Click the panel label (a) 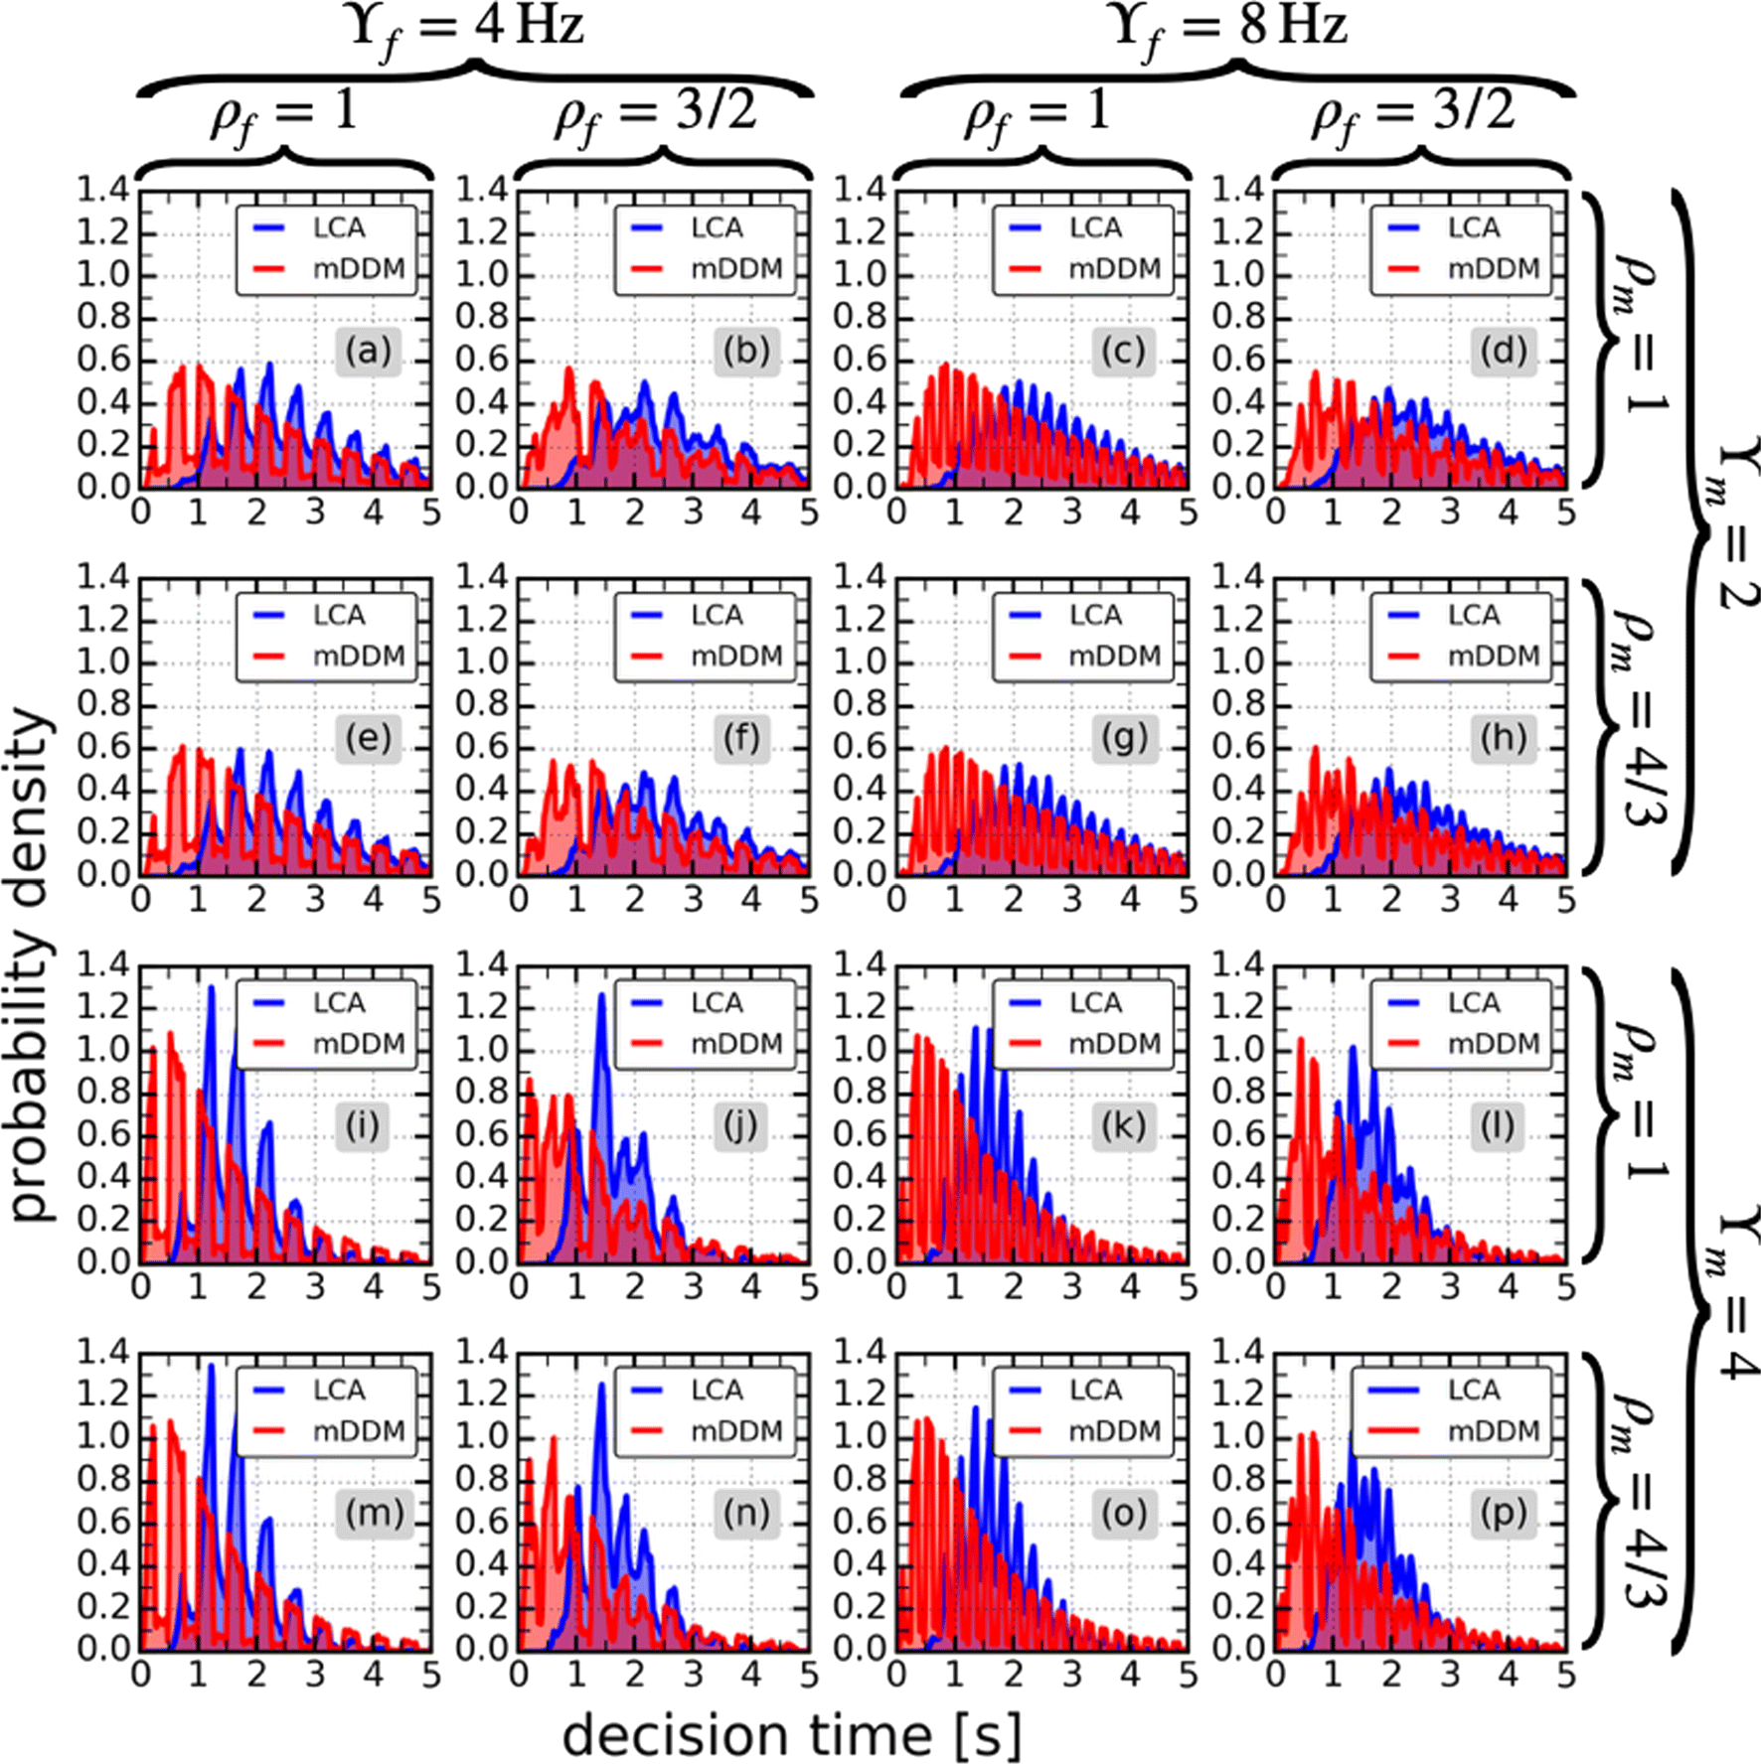(368, 352)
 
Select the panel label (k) (1123, 1126)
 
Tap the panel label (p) (1502, 1514)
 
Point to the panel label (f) (741, 739)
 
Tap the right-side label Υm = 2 (1734, 521)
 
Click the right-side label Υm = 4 (1734, 1291)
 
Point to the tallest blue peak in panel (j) (601, 996)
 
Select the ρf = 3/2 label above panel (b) (656, 111)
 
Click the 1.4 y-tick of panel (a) (103, 190)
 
